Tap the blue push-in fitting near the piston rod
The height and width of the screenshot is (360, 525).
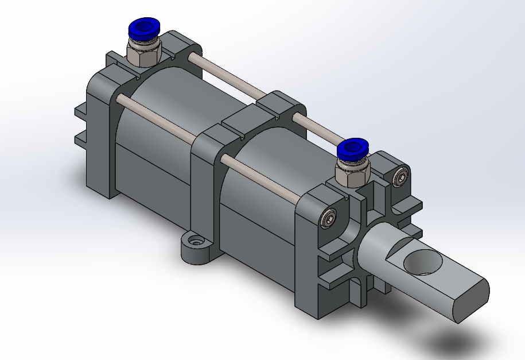click(x=352, y=149)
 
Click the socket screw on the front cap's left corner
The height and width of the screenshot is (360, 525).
click(x=329, y=218)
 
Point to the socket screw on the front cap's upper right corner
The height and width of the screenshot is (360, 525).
click(x=401, y=177)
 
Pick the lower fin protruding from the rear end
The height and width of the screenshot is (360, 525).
click(x=80, y=140)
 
